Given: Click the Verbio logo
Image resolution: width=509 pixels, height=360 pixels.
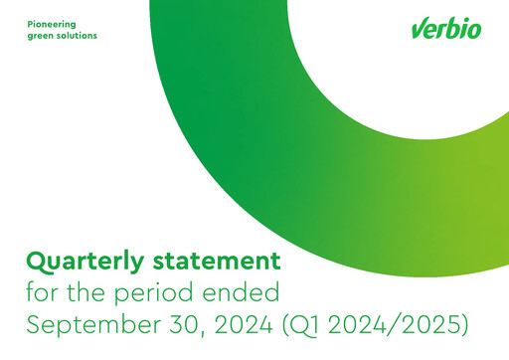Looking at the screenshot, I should (446, 29).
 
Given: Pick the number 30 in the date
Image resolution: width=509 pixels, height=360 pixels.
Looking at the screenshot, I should (184, 325).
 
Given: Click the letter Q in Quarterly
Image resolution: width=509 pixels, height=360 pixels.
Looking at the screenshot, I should (37, 263).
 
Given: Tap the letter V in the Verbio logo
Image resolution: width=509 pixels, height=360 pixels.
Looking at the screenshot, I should (419, 30).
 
